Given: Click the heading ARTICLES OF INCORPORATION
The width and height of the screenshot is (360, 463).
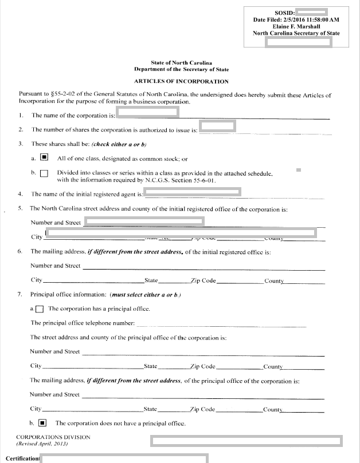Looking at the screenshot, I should click(x=181, y=82).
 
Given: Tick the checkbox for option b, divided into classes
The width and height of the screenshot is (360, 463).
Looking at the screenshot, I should click(x=44, y=173).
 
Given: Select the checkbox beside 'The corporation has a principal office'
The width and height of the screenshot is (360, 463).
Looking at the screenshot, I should click(x=40, y=309).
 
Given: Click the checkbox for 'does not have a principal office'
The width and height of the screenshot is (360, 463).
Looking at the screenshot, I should click(x=42, y=424).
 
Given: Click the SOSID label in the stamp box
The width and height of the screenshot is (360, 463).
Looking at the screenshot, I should click(x=285, y=12).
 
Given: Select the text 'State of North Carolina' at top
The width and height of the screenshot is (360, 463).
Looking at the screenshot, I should click(x=181, y=62).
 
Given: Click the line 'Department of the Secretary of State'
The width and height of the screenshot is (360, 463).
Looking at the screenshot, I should click(x=181, y=69).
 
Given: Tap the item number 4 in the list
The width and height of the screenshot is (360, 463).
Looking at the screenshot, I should click(x=20, y=194).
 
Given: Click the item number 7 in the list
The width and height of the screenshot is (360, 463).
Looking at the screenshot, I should click(x=20, y=294).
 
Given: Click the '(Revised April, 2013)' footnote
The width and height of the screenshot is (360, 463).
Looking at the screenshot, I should click(x=42, y=444).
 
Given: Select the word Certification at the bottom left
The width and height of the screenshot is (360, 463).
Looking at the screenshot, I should click(x=20, y=458).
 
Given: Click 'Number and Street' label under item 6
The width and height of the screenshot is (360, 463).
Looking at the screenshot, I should click(x=55, y=266).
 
